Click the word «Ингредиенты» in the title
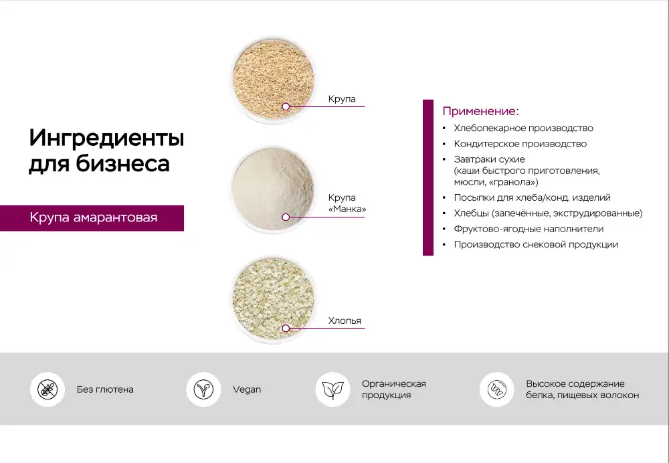click(106, 138)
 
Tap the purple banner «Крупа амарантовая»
click(92, 218)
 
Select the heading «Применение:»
click(480, 111)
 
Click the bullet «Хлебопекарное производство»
click(524, 128)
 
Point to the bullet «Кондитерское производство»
click(520, 144)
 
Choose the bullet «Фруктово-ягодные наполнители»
click(529, 229)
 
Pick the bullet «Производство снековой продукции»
click(536, 244)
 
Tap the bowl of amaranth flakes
click(274, 300)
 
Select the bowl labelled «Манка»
click(274, 189)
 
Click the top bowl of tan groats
click(274, 80)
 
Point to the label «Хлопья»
click(345, 320)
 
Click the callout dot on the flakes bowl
click(286, 328)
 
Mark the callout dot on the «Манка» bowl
click(286, 217)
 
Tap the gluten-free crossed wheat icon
click(47, 389)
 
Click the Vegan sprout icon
click(203, 389)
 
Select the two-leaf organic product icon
click(332, 389)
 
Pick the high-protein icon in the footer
click(496, 389)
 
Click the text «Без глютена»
click(105, 389)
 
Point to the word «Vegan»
click(247, 389)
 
